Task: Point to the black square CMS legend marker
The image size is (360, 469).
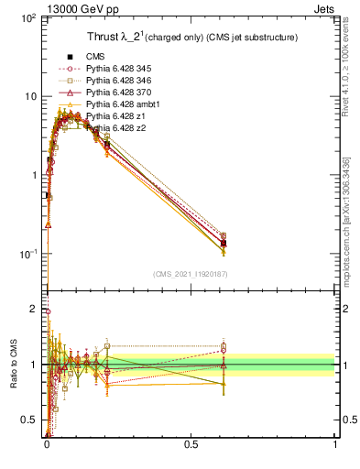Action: click(x=70, y=57)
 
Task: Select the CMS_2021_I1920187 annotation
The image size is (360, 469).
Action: click(x=191, y=274)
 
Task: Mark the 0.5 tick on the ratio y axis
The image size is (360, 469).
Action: click(x=32, y=420)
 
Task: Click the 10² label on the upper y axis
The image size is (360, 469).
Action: click(x=30, y=18)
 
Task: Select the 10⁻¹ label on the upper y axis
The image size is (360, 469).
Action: click(x=30, y=254)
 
